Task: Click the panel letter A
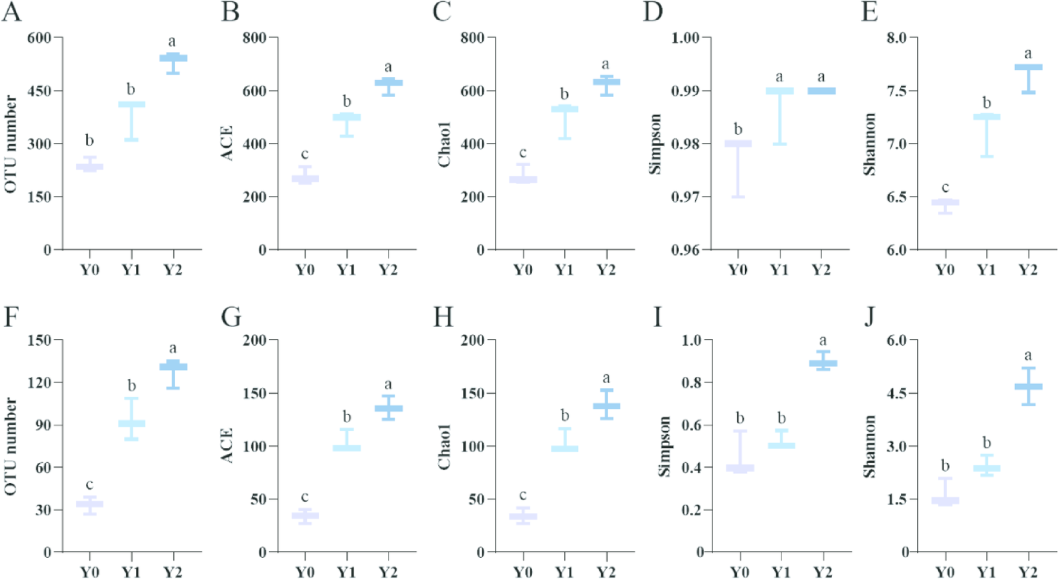[11, 12]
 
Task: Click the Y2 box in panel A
[173, 58]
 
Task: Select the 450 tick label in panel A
[39, 91]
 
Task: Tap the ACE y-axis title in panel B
[227, 143]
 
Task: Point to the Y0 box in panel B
[305, 178]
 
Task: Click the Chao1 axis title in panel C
[444, 144]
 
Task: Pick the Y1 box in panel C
[564, 109]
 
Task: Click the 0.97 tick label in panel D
[685, 197]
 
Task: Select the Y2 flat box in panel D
[821, 91]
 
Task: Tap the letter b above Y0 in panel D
[738, 129]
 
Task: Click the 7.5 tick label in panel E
[897, 91]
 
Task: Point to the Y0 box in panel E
[945, 203]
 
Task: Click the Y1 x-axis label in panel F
[131, 571]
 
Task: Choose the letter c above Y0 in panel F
[89, 484]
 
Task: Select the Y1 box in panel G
[347, 447]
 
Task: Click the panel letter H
[443, 317]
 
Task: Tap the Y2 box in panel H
[606, 406]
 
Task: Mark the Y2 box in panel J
[1028, 387]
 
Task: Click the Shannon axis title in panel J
[870, 446]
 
